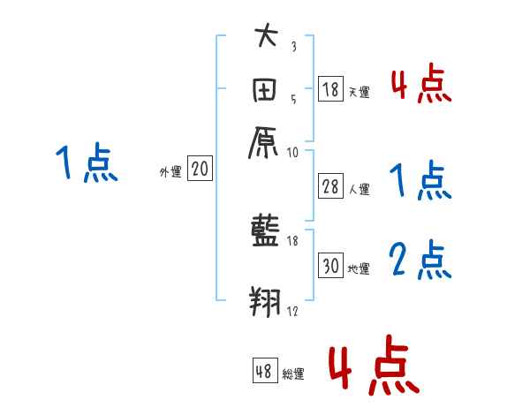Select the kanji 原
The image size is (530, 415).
(265, 140)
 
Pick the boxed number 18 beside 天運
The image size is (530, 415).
(329, 88)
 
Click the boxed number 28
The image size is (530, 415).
(329, 186)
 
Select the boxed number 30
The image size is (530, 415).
(330, 267)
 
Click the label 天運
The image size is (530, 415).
(358, 91)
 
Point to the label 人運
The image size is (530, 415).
(358, 188)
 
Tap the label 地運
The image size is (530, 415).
(359, 268)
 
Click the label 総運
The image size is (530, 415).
(293, 373)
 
